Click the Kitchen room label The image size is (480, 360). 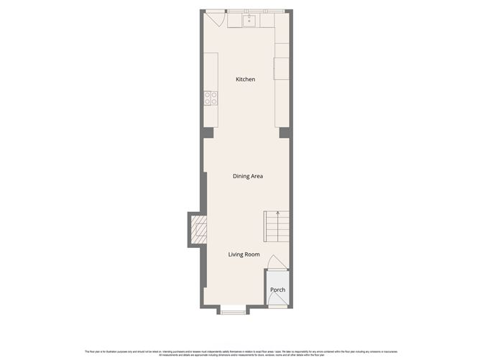pyautogui.click(x=245, y=79)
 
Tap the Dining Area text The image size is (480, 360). pyautogui.click(x=246, y=176)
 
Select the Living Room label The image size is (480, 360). pyautogui.click(x=244, y=254)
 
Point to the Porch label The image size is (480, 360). pyautogui.click(x=277, y=290)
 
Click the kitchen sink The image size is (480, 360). pyautogui.click(x=250, y=20)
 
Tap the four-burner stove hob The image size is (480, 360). pyautogui.click(x=211, y=98)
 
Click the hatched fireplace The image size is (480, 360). pyautogui.click(x=198, y=231)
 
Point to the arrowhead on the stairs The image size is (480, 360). pyautogui.click(x=277, y=213)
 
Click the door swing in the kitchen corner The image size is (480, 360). pyautogui.click(x=213, y=19)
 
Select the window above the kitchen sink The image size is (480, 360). pyautogui.click(x=250, y=11)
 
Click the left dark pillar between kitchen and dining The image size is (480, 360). pyautogui.click(x=208, y=133)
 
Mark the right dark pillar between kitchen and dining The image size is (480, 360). pyautogui.click(x=284, y=133)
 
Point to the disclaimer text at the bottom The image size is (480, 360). pyautogui.click(x=240, y=353)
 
